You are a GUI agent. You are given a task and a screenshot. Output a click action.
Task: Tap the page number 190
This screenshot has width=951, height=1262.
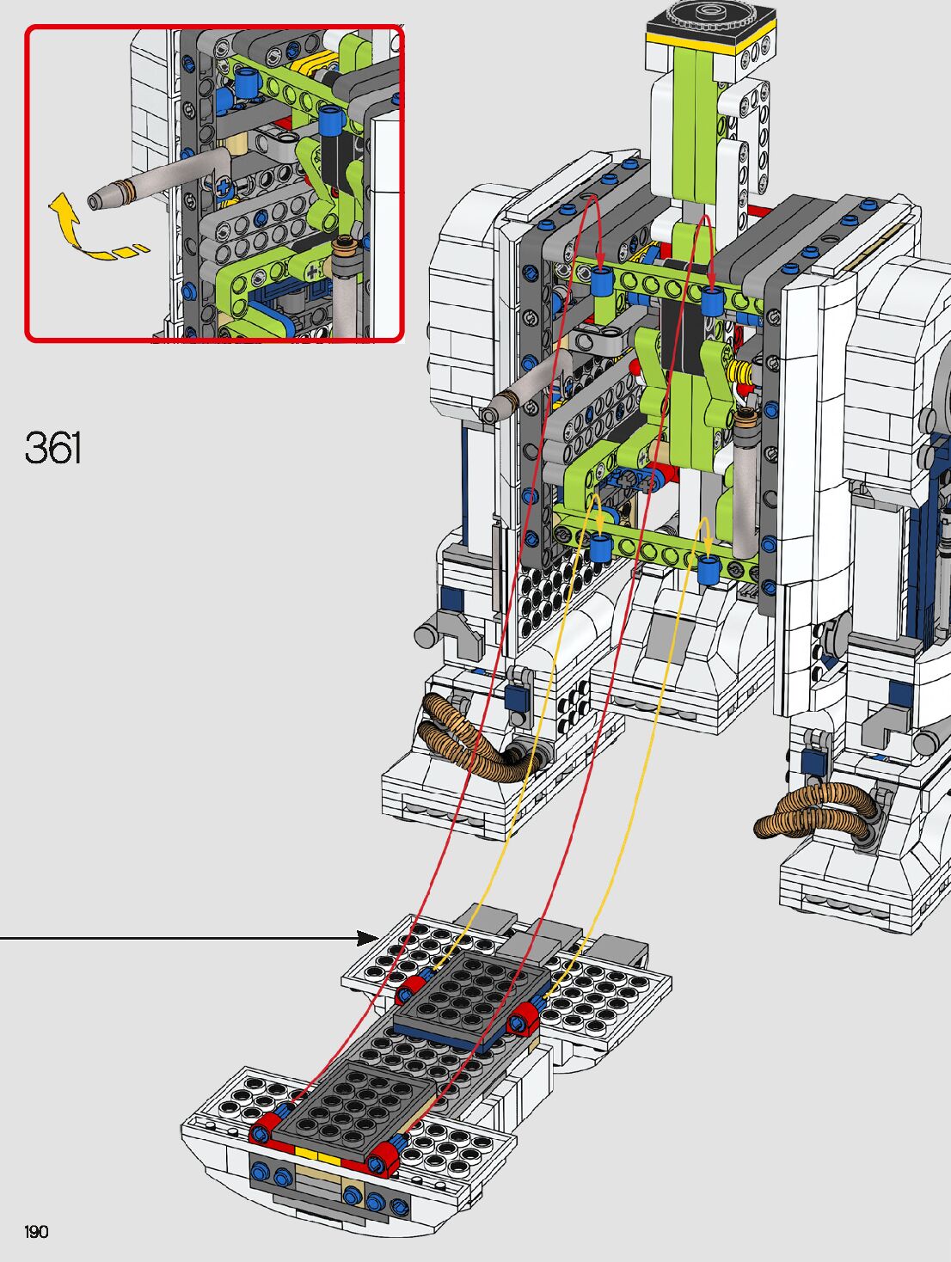pyautogui.click(x=36, y=1231)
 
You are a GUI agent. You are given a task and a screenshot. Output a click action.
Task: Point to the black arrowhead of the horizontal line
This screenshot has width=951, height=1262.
pyautogui.click(x=367, y=938)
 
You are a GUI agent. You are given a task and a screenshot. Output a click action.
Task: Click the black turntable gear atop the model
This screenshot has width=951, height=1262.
pyautogui.click(x=711, y=17)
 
